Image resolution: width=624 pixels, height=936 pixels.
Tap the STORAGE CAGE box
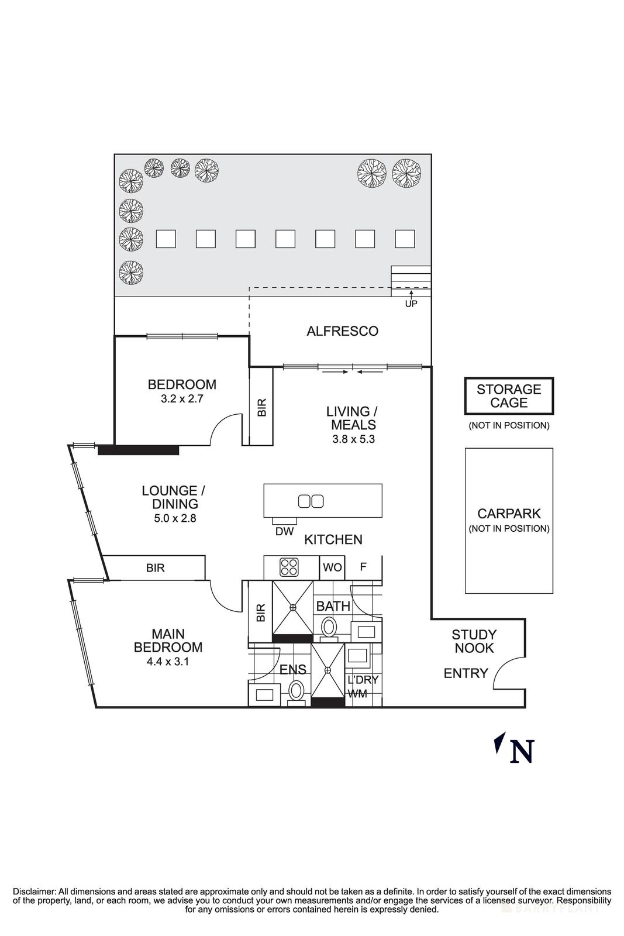click(x=509, y=396)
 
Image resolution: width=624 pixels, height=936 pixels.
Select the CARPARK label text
click(x=509, y=514)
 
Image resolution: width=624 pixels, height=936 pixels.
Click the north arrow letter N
click(x=522, y=752)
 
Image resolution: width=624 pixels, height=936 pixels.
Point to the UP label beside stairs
click(x=411, y=305)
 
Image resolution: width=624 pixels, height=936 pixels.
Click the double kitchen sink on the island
click(x=311, y=501)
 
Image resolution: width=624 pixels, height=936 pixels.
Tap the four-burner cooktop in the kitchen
click(x=289, y=567)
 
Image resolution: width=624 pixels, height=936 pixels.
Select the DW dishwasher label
click(x=284, y=531)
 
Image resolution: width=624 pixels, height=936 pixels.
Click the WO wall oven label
click(x=332, y=567)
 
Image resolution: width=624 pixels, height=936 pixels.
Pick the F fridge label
click(x=363, y=567)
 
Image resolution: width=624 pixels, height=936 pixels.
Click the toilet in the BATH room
click(x=329, y=629)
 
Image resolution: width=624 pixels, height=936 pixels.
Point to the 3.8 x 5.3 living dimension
click(x=351, y=438)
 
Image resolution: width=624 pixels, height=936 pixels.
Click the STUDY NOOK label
click(x=474, y=641)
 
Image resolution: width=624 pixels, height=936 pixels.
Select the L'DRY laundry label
click(x=363, y=680)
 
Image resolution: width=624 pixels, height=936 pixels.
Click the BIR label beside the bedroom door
click(x=261, y=407)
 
